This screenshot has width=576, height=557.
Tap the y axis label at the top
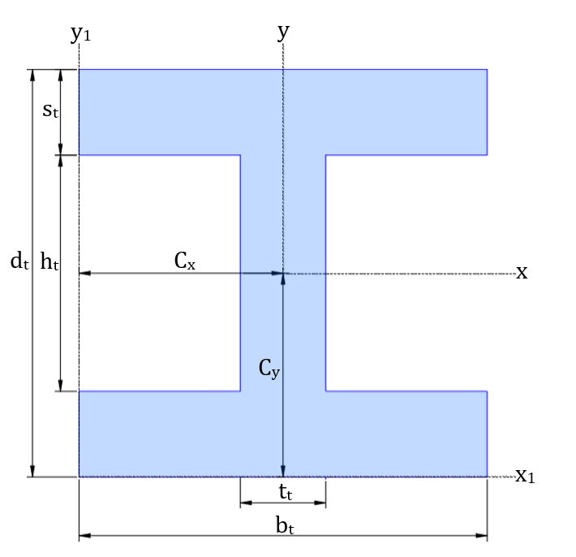[283, 32]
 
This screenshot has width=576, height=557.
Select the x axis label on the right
[522, 272]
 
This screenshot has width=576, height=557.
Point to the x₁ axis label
[525, 476]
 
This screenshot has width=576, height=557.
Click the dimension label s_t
[50, 110]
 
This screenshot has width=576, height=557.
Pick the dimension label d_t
[19, 261]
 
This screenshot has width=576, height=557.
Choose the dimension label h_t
[49, 261]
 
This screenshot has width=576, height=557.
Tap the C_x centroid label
[185, 261]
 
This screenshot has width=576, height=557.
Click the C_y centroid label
[269, 369]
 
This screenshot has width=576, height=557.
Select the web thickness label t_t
[283, 491]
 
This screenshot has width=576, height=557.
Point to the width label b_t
[283, 525]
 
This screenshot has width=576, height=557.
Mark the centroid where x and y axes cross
[283, 274]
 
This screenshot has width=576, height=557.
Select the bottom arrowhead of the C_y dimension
[283, 472]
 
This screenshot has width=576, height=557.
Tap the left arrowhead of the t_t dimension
[244, 503]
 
